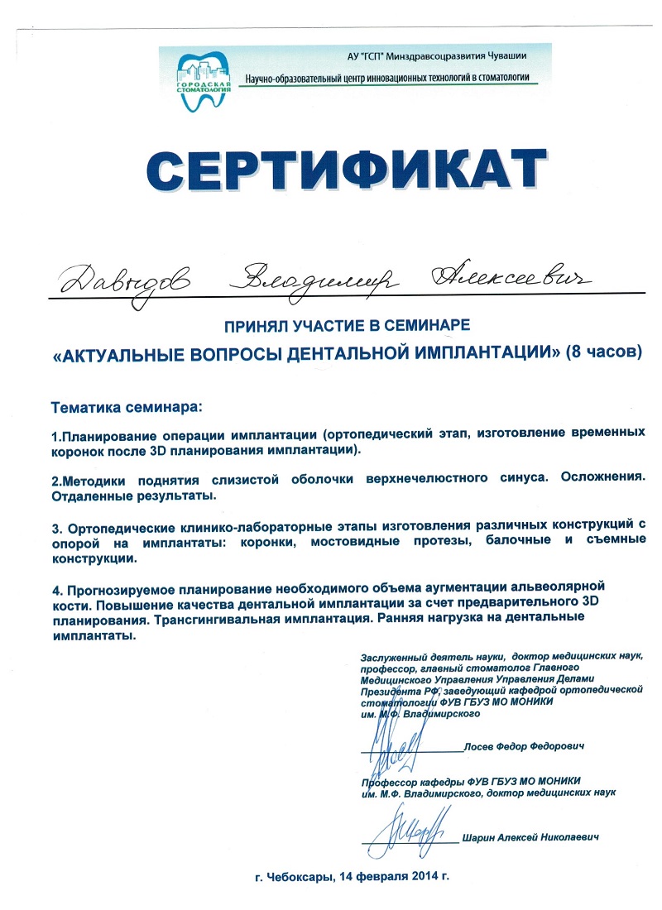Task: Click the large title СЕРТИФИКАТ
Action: (348, 170)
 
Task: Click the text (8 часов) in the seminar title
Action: (603, 352)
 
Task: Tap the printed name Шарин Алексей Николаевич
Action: (530, 836)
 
